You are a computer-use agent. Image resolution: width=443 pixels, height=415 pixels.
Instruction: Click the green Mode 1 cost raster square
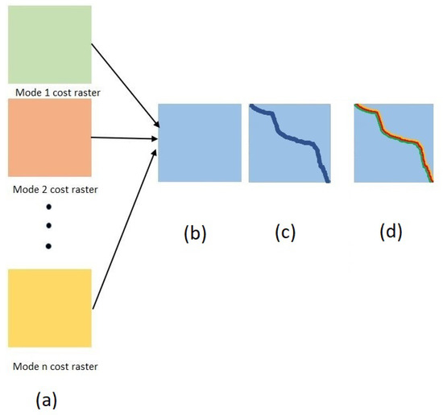point(48,43)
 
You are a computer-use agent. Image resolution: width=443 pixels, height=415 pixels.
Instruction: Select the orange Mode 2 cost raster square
point(48,138)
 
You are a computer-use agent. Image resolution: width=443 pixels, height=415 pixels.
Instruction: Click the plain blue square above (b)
point(200,143)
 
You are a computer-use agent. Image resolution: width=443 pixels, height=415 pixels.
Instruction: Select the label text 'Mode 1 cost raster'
point(50,90)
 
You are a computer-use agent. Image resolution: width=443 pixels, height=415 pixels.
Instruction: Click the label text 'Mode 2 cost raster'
point(50,189)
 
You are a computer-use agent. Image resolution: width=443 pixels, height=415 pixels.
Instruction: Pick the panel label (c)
point(285,232)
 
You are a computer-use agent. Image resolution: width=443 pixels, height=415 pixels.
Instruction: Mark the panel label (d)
point(391,232)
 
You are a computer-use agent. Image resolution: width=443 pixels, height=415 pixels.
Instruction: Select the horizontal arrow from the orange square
point(124,138)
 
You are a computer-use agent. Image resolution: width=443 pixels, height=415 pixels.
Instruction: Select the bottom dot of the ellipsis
point(48,244)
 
